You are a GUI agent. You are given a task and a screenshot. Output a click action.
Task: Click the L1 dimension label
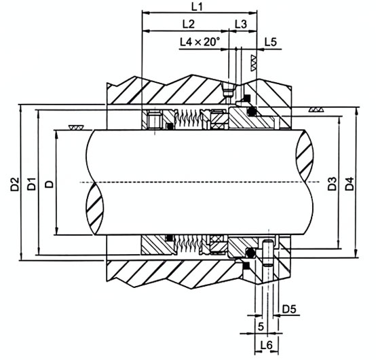197,7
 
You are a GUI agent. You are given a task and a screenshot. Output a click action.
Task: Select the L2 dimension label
189,24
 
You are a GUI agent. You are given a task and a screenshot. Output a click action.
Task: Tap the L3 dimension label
240,24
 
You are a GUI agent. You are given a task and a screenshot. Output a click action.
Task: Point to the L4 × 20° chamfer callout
200,42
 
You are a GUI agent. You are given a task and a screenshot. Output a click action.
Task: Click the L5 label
271,42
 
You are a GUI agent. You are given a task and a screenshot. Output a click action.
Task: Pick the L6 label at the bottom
267,345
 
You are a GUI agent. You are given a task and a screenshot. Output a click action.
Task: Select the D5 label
289,309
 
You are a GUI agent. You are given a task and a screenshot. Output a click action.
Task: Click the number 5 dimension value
261,327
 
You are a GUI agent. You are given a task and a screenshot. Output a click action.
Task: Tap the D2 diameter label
15,184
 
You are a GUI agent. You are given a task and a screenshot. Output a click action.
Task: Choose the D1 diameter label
31,184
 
